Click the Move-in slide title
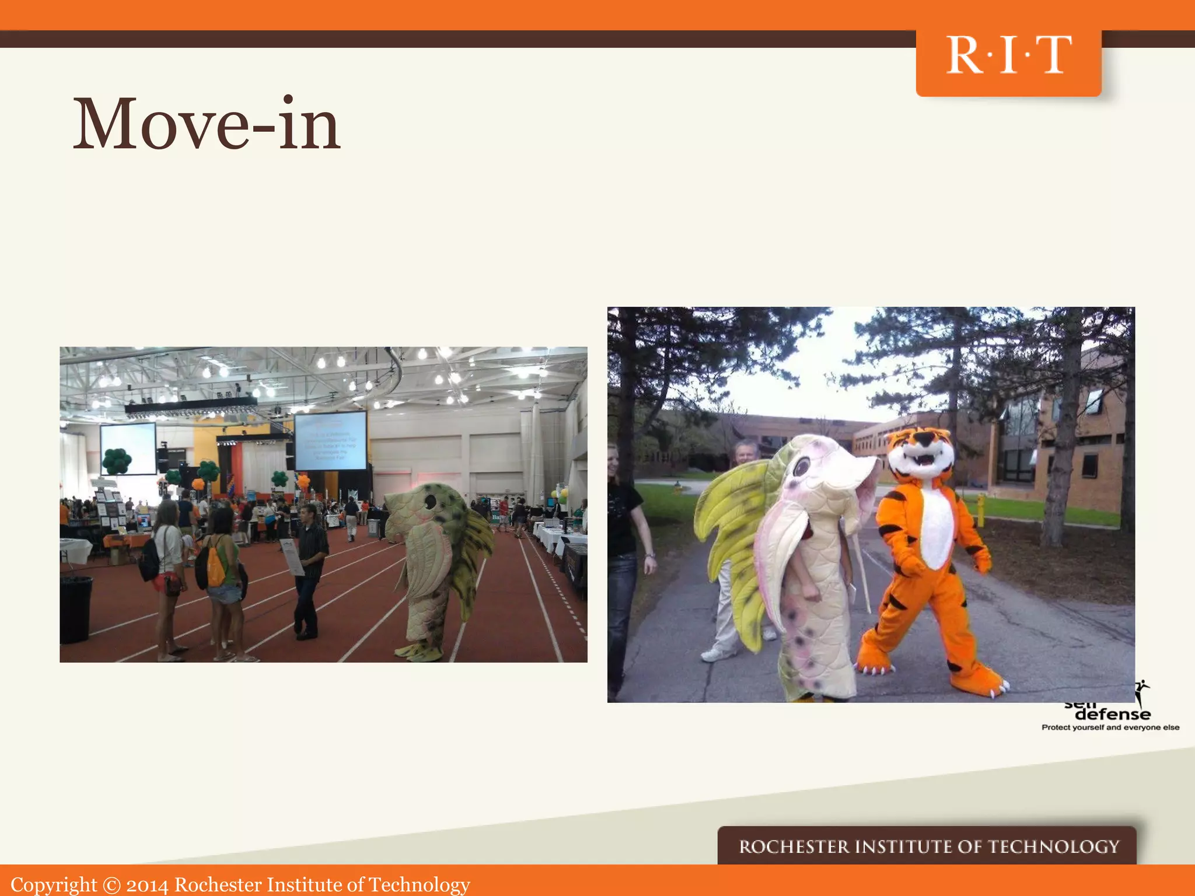pos(206,124)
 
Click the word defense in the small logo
pos(1112,714)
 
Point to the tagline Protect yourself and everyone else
pos(1110,727)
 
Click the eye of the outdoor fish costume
pos(801,466)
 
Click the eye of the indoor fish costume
pos(431,501)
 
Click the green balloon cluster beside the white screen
pos(117,461)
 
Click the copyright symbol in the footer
pos(111,885)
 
